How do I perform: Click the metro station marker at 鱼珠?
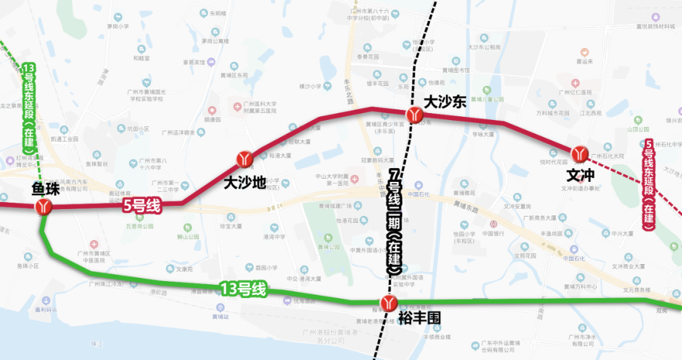(x=44, y=207)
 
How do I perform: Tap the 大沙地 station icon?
(x=244, y=159)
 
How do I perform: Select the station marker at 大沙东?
(x=415, y=114)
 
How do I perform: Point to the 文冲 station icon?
(x=580, y=153)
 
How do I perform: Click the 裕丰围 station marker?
(x=388, y=304)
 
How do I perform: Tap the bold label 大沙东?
(x=444, y=101)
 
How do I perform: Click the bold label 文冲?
(x=580, y=174)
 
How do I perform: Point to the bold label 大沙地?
(x=245, y=183)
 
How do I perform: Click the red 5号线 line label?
(x=141, y=205)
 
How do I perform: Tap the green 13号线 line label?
(x=243, y=290)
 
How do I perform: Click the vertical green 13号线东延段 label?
(x=28, y=104)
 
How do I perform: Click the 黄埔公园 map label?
(x=328, y=247)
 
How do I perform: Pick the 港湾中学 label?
(x=274, y=237)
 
